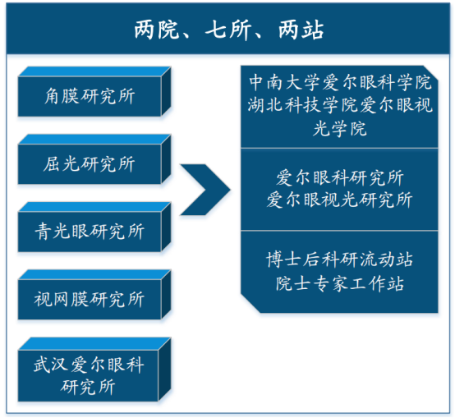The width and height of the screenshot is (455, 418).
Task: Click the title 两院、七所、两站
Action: click(x=228, y=30)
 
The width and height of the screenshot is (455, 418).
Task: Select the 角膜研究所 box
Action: click(x=94, y=92)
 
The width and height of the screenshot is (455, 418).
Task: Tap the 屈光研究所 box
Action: click(x=94, y=159)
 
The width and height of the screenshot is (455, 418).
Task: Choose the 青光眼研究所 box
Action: click(x=94, y=227)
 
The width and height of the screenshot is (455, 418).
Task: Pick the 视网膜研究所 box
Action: click(x=94, y=295)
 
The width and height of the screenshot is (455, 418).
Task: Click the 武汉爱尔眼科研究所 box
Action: click(x=94, y=370)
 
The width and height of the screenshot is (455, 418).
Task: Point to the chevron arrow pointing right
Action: click(x=205, y=190)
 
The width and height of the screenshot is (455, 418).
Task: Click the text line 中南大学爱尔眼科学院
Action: click(x=340, y=82)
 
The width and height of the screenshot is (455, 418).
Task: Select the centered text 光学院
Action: click(x=340, y=128)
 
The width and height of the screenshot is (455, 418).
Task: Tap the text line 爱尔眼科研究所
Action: click(x=340, y=177)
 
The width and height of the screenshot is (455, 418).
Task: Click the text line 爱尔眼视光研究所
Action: click(x=340, y=200)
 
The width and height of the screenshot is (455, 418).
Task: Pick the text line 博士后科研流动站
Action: click(x=340, y=259)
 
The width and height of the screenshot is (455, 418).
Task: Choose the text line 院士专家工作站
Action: click(x=340, y=283)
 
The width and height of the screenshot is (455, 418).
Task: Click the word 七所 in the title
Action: click(x=228, y=30)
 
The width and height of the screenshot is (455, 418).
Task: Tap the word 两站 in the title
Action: click(x=301, y=30)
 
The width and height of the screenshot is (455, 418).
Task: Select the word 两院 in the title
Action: click(x=157, y=30)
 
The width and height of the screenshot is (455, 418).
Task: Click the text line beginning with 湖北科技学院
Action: click(x=340, y=105)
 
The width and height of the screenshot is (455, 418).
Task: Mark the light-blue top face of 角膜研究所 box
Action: click(x=94, y=71)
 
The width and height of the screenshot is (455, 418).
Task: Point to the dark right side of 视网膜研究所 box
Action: click(x=166, y=295)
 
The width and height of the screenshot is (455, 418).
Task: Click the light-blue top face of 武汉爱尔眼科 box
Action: click(x=94, y=344)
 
